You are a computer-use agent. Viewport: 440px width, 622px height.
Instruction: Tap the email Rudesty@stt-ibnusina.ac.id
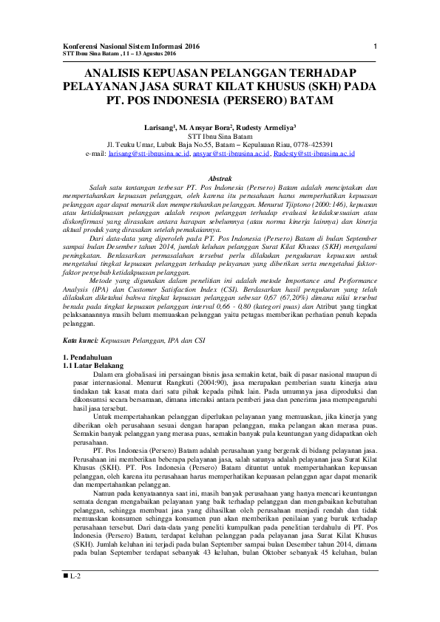(x=314, y=154)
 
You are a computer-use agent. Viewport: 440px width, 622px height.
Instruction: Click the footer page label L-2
(x=75, y=595)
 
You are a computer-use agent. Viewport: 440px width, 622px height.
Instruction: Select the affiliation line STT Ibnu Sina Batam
(x=220, y=137)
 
